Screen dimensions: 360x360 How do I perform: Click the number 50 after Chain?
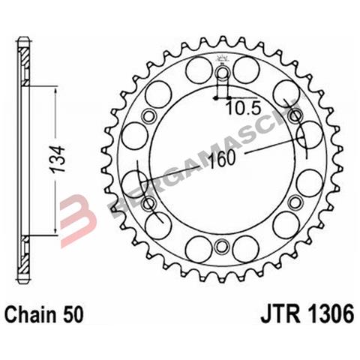point(73,313)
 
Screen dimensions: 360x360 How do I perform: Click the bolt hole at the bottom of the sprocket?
point(221,247)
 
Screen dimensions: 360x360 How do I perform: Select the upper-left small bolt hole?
point(147,115)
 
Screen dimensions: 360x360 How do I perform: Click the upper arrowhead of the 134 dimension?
point(55,88)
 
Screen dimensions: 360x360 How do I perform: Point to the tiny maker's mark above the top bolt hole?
point(222,59)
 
